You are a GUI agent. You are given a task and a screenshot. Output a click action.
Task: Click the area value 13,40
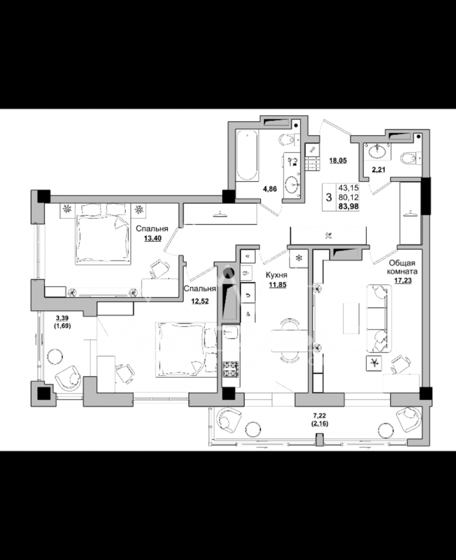tap(152, 238)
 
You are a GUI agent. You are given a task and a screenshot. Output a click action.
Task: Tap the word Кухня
tap(276, 276)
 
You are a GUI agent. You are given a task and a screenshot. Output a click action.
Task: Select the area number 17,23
tap(403, 281)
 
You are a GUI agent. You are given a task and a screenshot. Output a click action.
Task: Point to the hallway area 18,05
tap(338, 160)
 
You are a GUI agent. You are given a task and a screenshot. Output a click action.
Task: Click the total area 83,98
tap(349, 206)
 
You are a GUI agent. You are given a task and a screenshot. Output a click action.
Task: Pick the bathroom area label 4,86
tap(270, 189)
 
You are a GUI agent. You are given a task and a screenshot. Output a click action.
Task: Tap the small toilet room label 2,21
tap(379, 170)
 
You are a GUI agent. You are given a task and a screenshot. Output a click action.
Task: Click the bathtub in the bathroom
tap(247, 155)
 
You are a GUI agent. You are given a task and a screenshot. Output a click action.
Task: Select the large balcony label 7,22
tap(320, 416)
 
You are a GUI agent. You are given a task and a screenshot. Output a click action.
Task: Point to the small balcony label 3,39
tap(62, 318)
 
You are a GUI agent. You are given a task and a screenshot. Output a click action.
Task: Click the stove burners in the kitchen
tap(231, 369)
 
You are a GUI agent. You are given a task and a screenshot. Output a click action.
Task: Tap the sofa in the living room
tap(379, 318)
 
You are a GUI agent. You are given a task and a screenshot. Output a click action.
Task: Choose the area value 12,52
tap(200, 301)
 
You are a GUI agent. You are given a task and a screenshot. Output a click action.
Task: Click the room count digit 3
tap(329, 198)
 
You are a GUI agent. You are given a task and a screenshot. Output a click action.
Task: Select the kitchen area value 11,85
tap(277, 284)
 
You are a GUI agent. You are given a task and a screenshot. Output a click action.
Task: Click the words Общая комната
tap(403, 267)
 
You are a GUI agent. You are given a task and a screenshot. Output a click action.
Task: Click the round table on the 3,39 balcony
tap(55, 356)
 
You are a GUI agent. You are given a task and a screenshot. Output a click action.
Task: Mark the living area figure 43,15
tap(349, 188)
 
